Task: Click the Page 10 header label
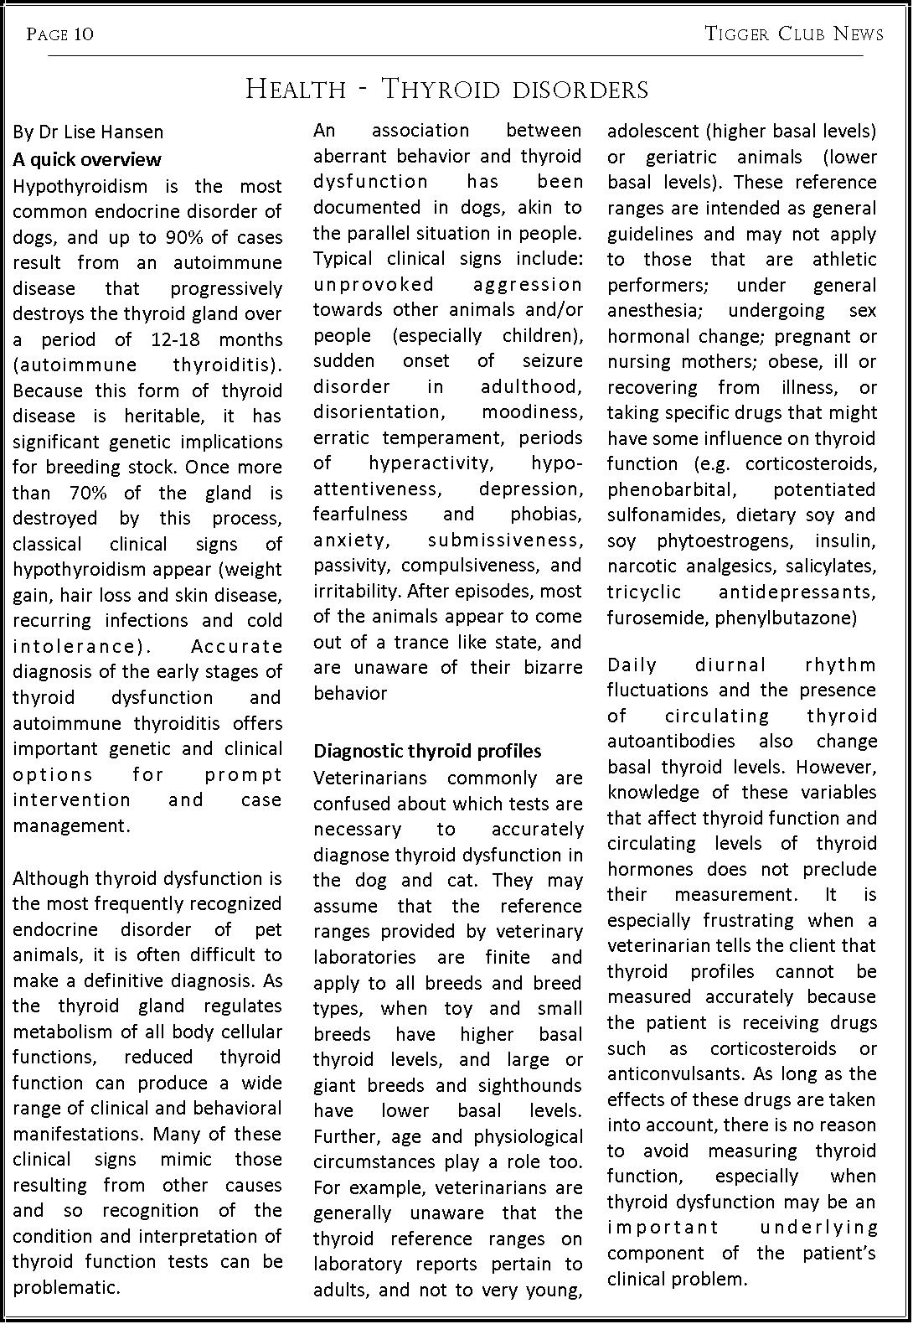tap(59, 34)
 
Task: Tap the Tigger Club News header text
tap(793, 34)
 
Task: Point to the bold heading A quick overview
tap(87, 159)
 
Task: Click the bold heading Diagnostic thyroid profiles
tap(427, 751)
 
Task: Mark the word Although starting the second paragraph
tap(51, 878)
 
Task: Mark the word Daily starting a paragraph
tap(632, 665)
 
